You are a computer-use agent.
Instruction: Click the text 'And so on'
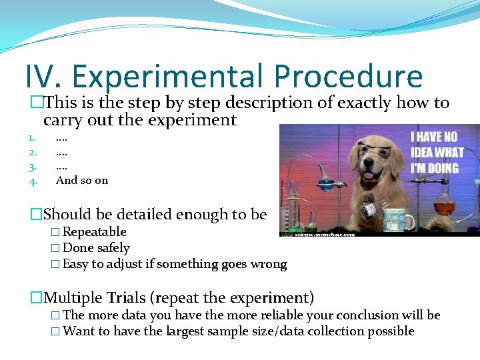pos(81,180)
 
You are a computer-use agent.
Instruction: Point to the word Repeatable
pos(94,232)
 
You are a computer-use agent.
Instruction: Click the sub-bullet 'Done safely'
pos(96,248)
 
